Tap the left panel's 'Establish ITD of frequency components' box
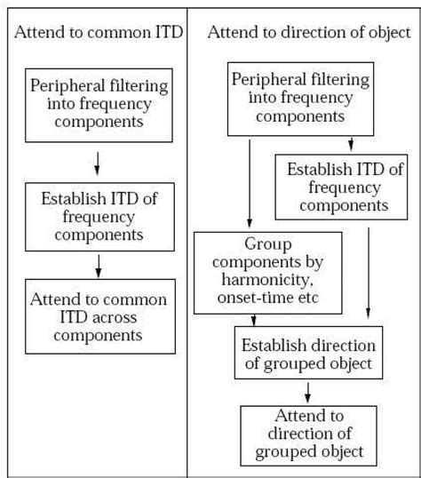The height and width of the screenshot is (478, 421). click(95, 215)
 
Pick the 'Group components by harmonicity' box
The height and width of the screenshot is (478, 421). click(267, 273)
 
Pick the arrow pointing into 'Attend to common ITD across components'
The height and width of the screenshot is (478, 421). click(97, 265)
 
